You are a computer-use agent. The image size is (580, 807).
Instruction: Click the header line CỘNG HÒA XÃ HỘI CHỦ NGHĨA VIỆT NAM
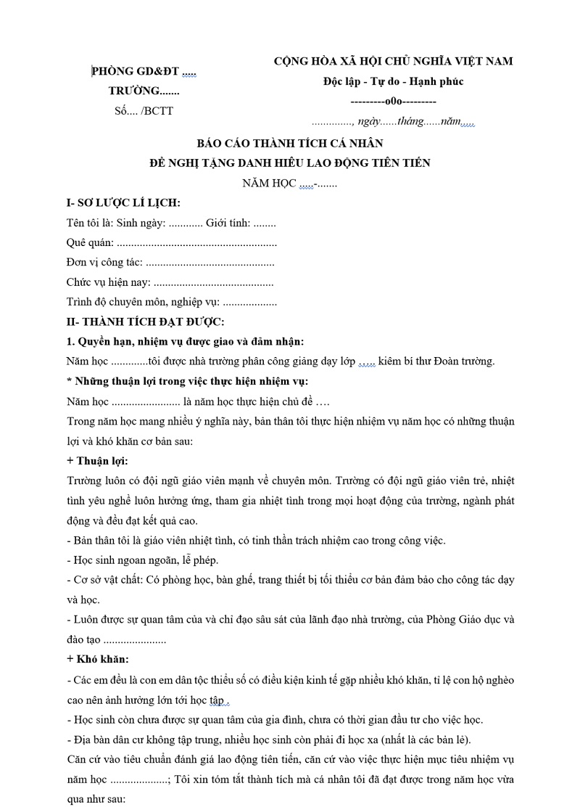pyautogui.click(x=393, y=61)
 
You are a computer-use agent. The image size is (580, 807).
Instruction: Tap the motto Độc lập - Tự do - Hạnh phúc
pyautogui.click(x=393, y=81)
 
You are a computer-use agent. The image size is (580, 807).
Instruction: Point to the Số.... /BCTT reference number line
pyautogui.click(x=144, y=110)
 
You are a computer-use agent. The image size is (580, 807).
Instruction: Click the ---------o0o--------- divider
pyautogui.click(x=393, y=102)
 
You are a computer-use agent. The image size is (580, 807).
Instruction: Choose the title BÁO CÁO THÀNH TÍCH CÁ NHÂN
pyautogui.click(x=290, y=144)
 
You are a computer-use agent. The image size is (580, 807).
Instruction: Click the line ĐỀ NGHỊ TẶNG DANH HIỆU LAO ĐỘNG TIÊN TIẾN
pyautogui.click(x=290, y=163)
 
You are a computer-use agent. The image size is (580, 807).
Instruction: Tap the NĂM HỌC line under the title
pyautogui.click(x=290, y=183)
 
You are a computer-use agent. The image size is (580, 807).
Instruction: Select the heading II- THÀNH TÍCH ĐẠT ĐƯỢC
pyautogui.click(x=145, y=321)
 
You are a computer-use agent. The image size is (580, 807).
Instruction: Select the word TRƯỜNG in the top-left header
pyautogui.click(x=134, y=91)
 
